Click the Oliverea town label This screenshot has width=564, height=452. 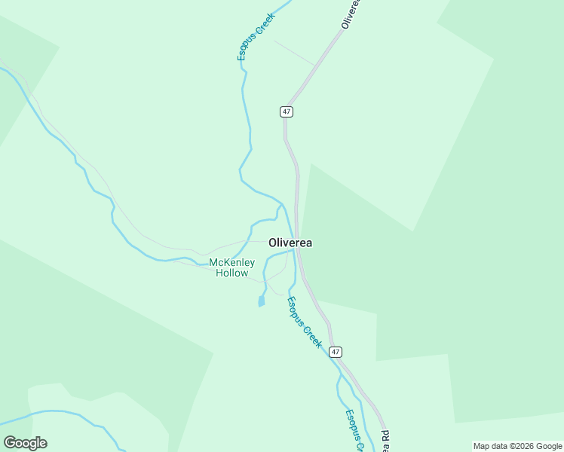point(290,243)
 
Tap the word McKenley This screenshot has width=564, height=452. point(231,262)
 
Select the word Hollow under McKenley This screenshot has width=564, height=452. point(231,273)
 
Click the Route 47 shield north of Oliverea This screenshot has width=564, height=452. point(287,111)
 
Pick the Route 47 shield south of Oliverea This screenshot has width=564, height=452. point(336,352)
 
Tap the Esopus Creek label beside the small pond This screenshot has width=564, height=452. point(305,322)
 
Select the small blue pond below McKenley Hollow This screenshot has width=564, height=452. point(262,301)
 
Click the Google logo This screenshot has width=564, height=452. point(25,443)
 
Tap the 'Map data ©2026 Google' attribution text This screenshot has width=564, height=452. point(518,446)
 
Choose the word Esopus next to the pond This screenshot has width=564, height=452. point(297,310)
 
